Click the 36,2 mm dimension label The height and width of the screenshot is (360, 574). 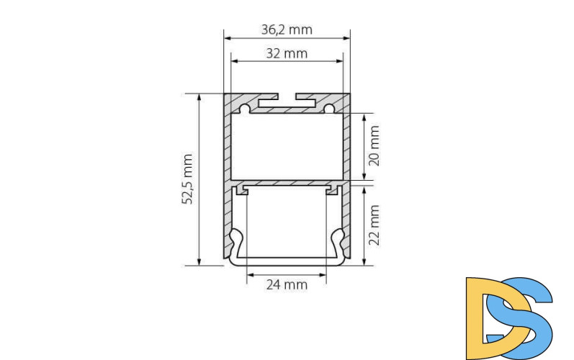[x=287, y=30]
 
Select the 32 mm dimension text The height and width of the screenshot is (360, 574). [x=287, y=53]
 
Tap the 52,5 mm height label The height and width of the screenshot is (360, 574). [x=189, y=179]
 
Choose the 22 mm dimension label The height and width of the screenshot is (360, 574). [x=374, y=224]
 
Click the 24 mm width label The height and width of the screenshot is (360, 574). [x=287, y=284]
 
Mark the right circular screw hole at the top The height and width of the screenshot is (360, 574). [x=329, y=109]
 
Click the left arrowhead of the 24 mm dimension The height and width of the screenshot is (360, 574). [x=249, y=274]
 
